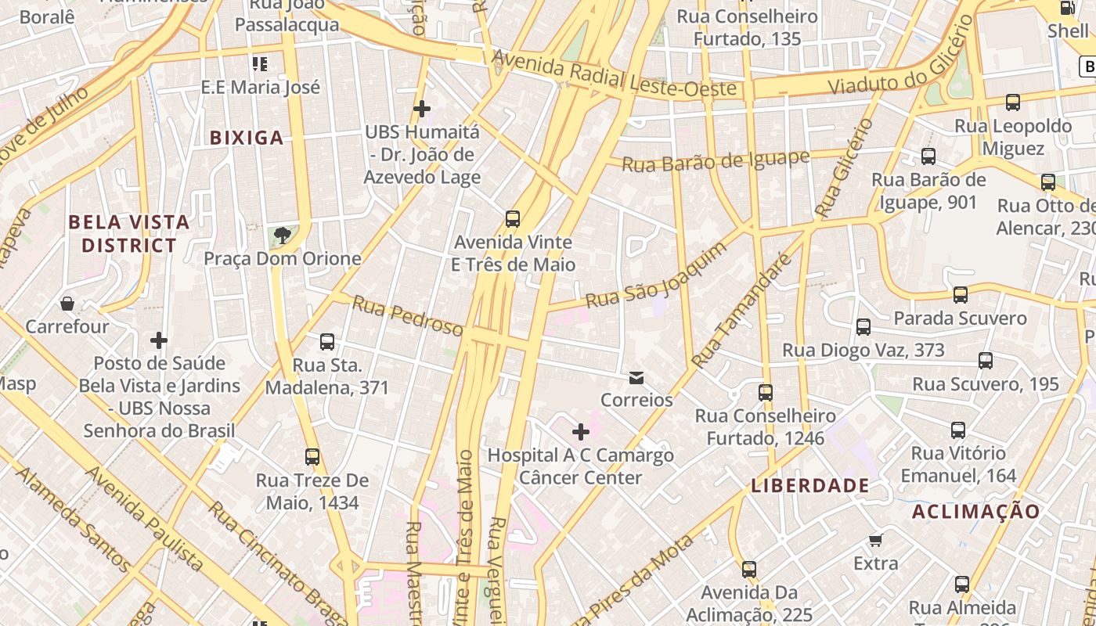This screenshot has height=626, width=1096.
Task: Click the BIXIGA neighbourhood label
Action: click(247, 138)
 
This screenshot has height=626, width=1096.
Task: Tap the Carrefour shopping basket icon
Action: click(67, 304)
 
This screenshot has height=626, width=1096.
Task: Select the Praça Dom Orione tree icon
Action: click(282, 236)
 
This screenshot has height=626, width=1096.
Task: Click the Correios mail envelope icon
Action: click(636, 378)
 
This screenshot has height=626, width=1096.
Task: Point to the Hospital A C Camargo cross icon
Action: click(581, 432)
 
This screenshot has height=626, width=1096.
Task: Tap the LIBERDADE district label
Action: click(810, 485)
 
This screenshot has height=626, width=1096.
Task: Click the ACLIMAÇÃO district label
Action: click(976, 512)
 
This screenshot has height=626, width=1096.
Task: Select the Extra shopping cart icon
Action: click(876, 541)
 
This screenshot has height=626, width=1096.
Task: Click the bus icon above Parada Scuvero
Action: click(961, 295)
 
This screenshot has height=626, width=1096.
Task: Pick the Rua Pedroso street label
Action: click(407, 316)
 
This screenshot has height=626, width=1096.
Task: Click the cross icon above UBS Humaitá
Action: click(422, 108)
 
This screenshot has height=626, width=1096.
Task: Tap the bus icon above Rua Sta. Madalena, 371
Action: click(327, 342)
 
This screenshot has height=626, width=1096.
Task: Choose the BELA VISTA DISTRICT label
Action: click(129, 233)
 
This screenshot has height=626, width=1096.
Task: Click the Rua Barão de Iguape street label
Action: click(716, 161)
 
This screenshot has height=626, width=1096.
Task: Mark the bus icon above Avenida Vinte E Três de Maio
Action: click(513, 219)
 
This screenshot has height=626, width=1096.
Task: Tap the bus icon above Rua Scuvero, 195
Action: click(986, 361)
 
